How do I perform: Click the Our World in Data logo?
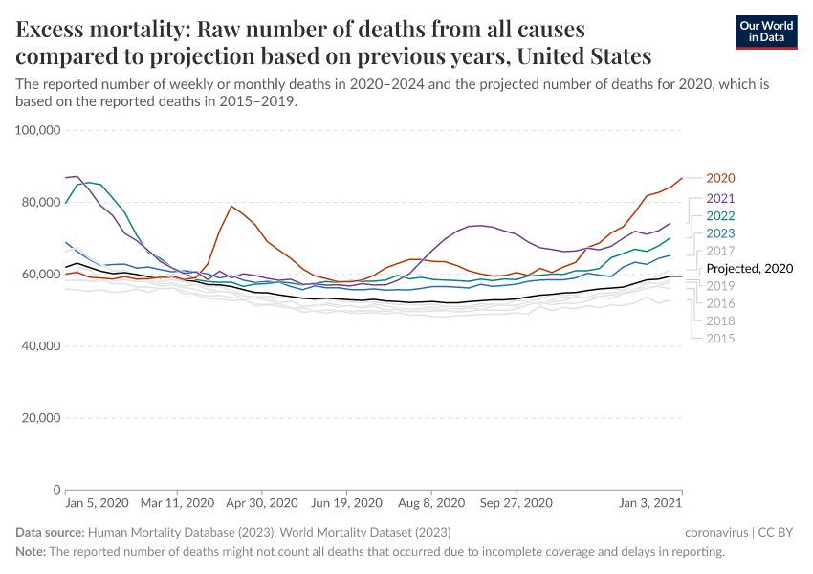(x=765, y=32)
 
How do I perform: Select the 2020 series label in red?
(x=719, y=178)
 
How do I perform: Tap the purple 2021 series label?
(x=719, y=198)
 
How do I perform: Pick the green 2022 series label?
(x=719, y=215)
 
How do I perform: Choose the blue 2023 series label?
(x=719, y=233)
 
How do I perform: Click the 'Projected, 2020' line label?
(x=749, y=269)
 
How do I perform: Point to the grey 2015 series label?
(x=719, y=339)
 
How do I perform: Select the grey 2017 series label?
(x=719, y=251)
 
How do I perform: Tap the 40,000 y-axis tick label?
(x=38, y=346)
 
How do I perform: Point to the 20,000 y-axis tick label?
(x=38, y=418)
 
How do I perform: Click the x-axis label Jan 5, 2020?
(x=96, y=503)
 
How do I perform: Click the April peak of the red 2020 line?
(x=231, y=206)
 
